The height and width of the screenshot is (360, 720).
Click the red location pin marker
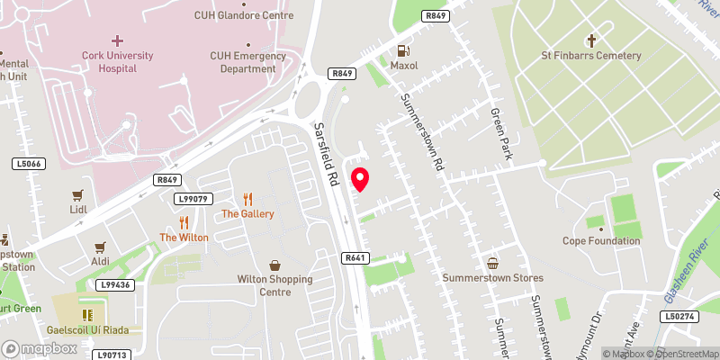360,179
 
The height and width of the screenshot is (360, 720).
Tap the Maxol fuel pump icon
404,50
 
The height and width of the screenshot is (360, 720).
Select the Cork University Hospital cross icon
118,40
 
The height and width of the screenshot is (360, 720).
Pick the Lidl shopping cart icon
77,194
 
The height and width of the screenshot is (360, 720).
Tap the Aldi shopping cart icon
100,246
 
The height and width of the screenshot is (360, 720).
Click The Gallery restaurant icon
247,199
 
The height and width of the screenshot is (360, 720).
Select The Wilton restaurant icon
184,221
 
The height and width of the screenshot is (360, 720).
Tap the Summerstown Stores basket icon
492,264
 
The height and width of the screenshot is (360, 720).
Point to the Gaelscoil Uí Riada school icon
88,314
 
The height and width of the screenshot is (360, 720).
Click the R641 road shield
355,257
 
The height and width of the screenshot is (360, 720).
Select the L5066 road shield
30,164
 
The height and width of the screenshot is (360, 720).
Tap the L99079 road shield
194,198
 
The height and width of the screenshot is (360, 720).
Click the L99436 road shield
114,285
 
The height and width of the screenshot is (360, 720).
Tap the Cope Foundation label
601,240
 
